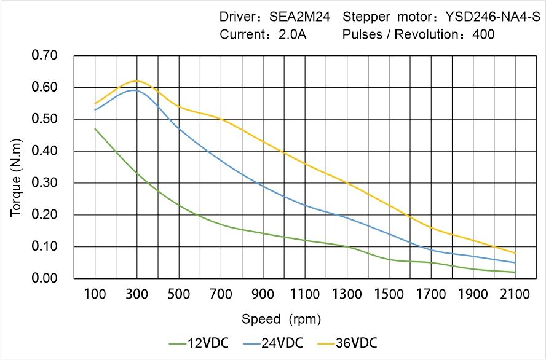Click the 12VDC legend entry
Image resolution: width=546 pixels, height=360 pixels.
click(x=199, y=343)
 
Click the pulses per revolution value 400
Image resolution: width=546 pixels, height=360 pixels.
click(x=483, y=35)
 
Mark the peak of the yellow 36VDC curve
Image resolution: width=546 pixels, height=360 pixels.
click(x=136, y=80)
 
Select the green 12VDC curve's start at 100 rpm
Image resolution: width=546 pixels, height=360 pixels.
click(x=95, y=128)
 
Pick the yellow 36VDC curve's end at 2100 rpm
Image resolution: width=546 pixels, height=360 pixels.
click(x=515, y=253)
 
